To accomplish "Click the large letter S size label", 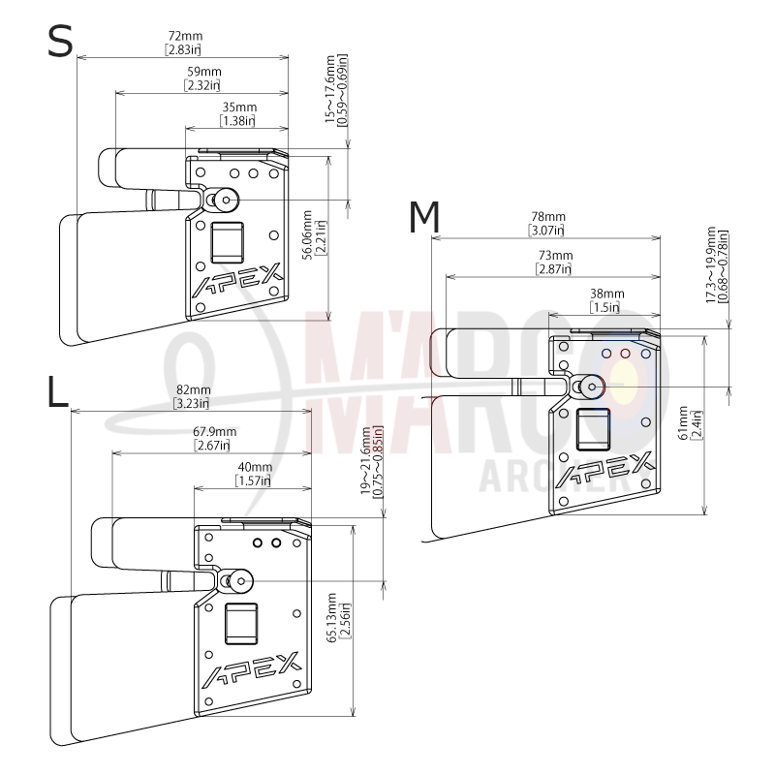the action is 60,42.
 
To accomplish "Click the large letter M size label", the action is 424,217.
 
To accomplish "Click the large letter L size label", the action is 58,391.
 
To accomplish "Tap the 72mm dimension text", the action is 185,36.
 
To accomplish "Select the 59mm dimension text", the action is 204,72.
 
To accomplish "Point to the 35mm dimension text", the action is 239,108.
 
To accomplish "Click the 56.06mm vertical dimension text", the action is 307,234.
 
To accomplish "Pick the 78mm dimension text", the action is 548,216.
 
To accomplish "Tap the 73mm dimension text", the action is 555,256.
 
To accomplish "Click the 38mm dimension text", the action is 607,294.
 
